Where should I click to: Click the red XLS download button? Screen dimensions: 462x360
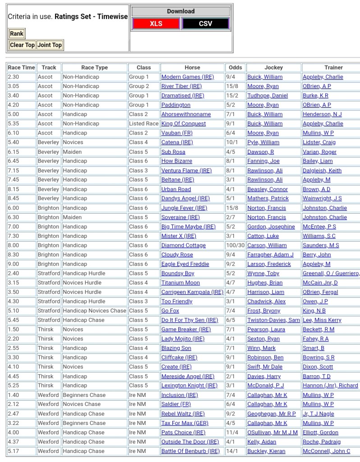156,23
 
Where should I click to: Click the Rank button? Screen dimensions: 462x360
17,33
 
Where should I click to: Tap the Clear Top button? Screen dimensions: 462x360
22,45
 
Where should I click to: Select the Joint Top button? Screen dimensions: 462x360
49,45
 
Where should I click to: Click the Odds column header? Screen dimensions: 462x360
235,67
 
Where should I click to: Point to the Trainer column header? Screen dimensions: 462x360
333,67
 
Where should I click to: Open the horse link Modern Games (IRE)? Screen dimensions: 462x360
187,77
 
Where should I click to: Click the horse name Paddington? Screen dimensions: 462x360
175,105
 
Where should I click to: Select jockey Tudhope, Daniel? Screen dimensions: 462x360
267,96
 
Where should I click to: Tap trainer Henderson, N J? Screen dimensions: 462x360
322,114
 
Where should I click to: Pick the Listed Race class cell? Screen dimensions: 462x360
143,124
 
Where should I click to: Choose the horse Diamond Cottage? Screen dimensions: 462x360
183,245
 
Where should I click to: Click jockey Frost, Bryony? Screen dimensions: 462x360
263,311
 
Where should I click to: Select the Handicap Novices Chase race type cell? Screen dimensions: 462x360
94,311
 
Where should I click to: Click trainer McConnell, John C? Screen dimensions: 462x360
326,451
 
